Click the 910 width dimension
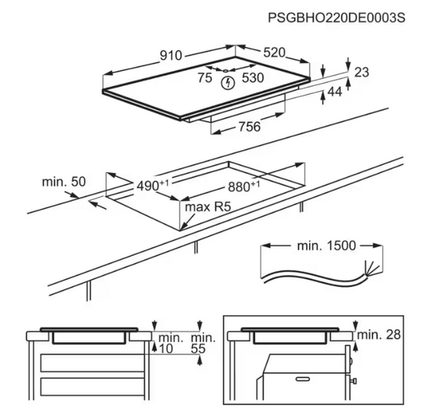point(170,55)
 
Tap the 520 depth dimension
point(274,52)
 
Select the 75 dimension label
point(205,78)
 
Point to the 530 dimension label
point(252,78)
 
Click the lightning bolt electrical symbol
point(227,84)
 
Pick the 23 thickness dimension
point(361,72)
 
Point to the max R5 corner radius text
point(207,208)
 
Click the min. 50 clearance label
point(63,182)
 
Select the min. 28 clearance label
point(378,335)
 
